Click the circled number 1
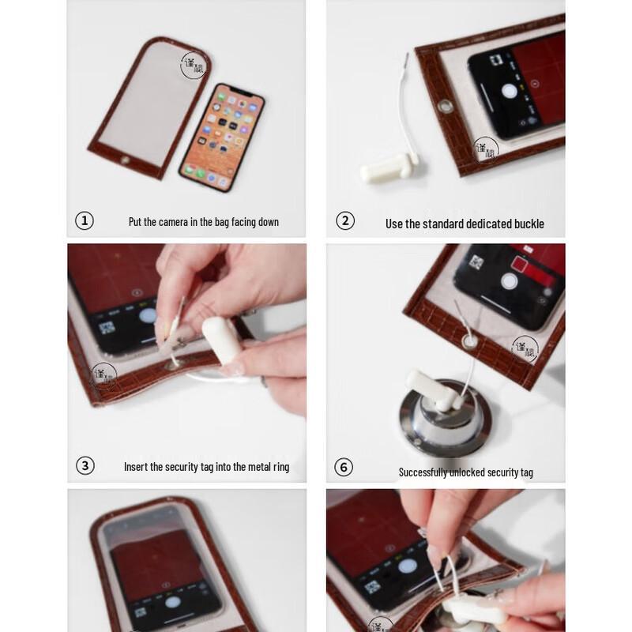point(85,221)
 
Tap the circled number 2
point(345,221)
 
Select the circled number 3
point(85,466)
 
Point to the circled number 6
point(344,468)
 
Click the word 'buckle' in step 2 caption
point(527,224)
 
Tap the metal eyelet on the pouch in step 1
point(124,162)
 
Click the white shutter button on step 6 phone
point(510,280)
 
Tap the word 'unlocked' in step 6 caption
point(476,472)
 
